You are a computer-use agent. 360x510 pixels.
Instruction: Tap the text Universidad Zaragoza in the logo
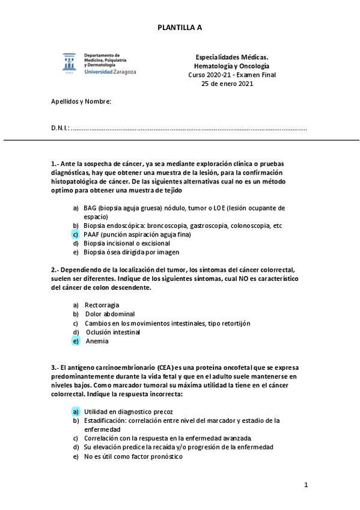pos(111,71)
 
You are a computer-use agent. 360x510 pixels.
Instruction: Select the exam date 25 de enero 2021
pos(227,84)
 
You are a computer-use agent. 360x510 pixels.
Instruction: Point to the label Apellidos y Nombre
pos(81,101)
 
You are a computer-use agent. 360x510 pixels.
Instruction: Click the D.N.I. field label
pos(60,127)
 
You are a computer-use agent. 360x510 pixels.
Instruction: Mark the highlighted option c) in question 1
pos(76,234)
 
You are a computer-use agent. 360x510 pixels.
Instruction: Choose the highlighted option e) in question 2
pos(76,341)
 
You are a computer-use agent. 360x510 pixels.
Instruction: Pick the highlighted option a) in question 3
pos(76,411)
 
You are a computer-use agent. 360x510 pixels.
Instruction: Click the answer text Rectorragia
pos(102,305)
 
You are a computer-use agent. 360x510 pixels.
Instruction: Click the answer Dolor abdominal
pos(110,314)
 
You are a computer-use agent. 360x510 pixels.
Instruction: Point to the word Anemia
pos(97,341)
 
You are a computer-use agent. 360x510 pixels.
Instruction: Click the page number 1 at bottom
pos(306,485)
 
